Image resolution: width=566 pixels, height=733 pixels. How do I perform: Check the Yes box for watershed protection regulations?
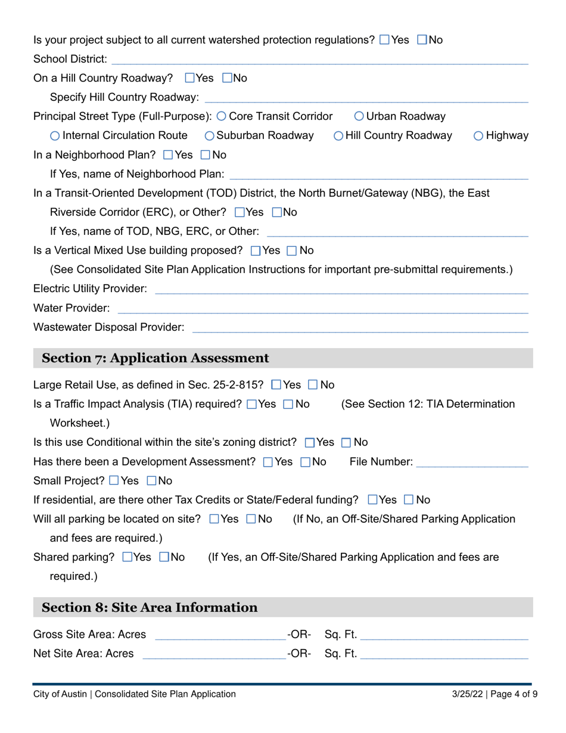pyautogui.click(x=385, y=40)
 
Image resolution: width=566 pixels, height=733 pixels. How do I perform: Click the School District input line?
pyautogui.click(x=319, y=59)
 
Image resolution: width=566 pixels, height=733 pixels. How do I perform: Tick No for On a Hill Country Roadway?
pyautogui.click(x=228, y=78)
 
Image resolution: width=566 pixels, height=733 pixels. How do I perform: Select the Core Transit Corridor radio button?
pyautogui.click(x=222, y=116)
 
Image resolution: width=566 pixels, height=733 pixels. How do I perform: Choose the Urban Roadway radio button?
pyautogui.click(x=359, y=116)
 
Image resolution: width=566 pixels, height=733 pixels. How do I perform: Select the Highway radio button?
pyautogui.click(x=479, y=136)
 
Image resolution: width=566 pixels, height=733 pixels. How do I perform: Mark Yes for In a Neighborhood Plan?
pyautogui.click(x=168, y=155)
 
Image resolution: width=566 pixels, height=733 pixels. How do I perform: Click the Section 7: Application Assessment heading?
pyautogui.click(x=156, y=358)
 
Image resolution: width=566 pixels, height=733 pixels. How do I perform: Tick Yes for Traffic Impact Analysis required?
pyautogui.click(x=251, y=405)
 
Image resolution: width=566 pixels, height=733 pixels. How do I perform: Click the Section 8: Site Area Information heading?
pyautogui.click(x=150, y=608)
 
